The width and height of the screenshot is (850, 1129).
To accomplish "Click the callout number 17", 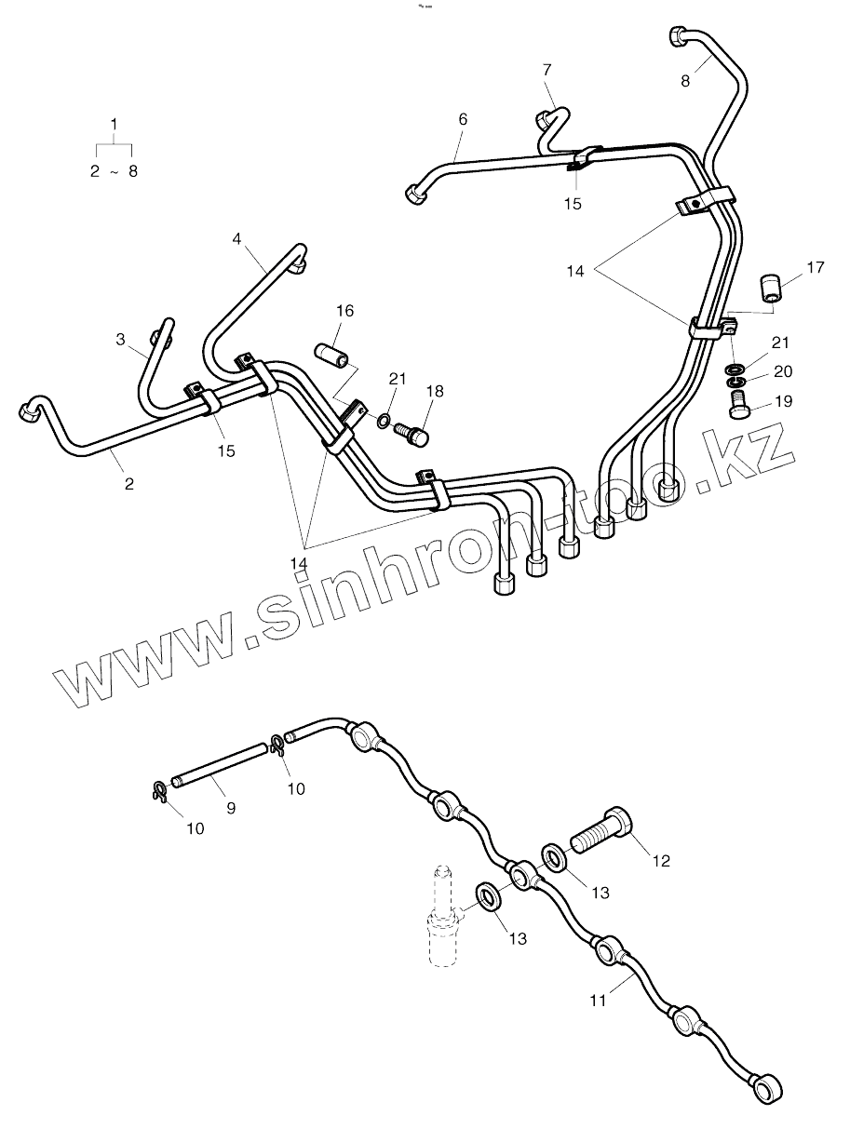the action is [816, 268].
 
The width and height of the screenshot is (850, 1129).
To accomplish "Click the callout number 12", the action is [661, 861].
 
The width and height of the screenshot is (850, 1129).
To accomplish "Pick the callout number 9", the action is [231, 808].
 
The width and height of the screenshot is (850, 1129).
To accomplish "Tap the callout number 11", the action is [598, 1000].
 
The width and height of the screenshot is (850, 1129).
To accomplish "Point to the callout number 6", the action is [463, 119].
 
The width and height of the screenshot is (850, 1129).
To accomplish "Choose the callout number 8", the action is [686, 81].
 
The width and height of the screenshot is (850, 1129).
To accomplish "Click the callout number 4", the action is [237, 239].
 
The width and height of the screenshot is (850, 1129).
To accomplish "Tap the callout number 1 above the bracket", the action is [115, 124].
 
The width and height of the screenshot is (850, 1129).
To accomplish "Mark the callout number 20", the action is [782, 371].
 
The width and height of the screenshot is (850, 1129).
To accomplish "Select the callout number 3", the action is [120, 340].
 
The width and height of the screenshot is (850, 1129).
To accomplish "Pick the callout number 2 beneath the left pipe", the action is [128, 483].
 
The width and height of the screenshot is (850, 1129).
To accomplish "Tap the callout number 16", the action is [344, 310].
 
